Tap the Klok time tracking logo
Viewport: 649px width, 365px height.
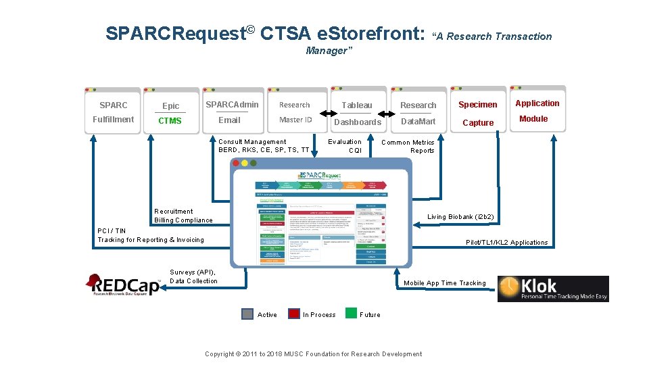[x=552, y=289]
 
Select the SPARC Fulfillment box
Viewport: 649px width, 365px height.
[x=113, y=112]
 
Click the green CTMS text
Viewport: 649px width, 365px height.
[x=170, y=121]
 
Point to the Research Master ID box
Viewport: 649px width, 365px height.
[x=295, y=112]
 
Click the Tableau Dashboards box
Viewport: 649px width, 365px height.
[x=357, y=113]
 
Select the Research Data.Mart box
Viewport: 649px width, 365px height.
[x=418, y=113]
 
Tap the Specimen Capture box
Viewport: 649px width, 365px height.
[x=478, y=113]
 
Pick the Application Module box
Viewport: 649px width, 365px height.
[x=537, y=111]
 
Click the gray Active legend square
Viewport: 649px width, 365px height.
[x=247, y=314]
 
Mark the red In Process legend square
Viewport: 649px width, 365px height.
[x=294, y=314]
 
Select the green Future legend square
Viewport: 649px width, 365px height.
[x=351, y=313]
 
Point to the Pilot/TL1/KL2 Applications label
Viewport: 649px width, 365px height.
[x=507, y=243]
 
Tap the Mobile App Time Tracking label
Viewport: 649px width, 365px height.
[x=444, y=283]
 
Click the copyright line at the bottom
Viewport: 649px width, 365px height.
[x=313, y=354]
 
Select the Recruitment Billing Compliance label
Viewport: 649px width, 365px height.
[x=183, y=216]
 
